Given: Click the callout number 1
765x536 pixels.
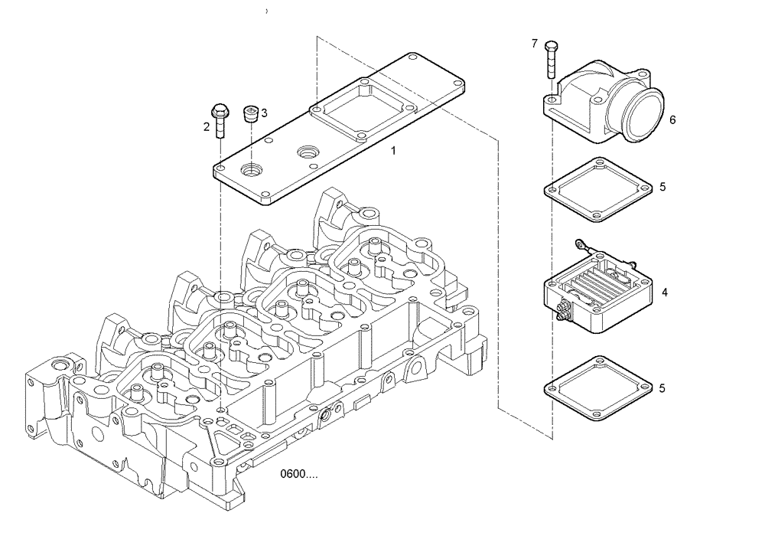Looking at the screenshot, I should (393, 151).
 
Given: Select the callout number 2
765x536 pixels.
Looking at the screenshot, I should (207, 127).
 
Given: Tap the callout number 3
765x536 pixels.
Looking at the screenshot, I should (264, 113).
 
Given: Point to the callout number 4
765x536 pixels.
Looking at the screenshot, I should (665, 293).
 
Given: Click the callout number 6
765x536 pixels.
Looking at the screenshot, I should (672, 120).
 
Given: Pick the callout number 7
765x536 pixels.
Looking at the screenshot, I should (534, 44).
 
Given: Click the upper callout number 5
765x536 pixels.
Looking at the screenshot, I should (662, 186).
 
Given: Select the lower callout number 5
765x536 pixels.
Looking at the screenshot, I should (662, 388).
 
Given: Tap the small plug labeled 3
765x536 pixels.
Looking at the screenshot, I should (250, 115).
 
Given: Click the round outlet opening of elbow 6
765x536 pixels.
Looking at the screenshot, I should (643, 116).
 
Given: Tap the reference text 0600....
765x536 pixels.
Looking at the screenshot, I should (299, 475).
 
